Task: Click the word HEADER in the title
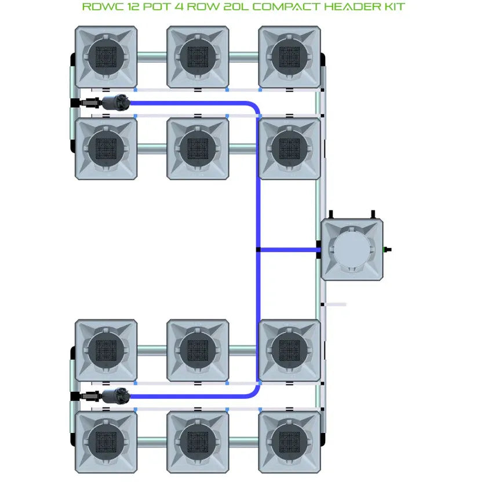347,8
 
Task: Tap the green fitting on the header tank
386,250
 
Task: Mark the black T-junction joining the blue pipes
258,250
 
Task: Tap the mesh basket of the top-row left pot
106,57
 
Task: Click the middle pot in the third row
198,350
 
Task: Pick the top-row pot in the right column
289,57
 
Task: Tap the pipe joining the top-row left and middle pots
152,57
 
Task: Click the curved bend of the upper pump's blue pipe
254,108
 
